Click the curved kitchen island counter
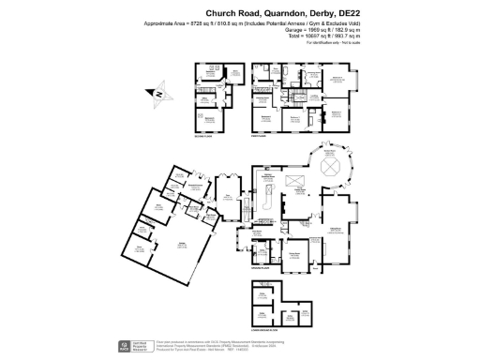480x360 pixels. (268, 200)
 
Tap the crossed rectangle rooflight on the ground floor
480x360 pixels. (294, 180)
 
